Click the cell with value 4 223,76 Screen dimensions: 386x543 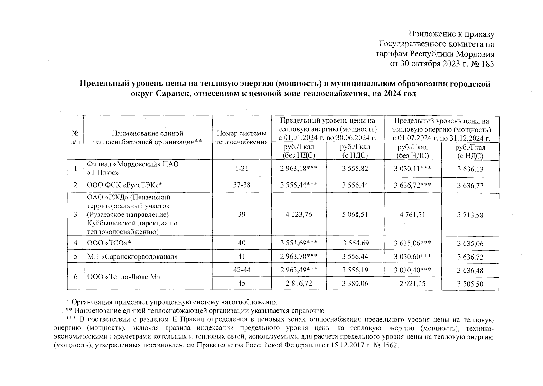point(299,215)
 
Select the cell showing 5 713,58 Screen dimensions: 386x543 point(470,215)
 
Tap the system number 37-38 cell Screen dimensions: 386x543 point(241,185)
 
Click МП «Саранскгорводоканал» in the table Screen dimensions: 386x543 point(132,257)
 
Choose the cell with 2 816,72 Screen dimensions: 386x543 point(299,283)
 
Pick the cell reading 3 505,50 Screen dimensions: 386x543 point(470,284)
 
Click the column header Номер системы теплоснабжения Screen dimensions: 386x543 point(241,138)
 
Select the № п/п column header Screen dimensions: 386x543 point(75,138)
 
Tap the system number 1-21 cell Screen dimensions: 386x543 point(241,168)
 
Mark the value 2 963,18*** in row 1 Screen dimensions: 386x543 point(299,168)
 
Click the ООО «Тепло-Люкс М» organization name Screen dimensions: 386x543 point(124,277)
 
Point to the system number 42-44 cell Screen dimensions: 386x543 point(241,270)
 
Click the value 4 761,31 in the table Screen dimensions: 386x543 point(412,215)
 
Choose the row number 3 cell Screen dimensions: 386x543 point(75,215)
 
